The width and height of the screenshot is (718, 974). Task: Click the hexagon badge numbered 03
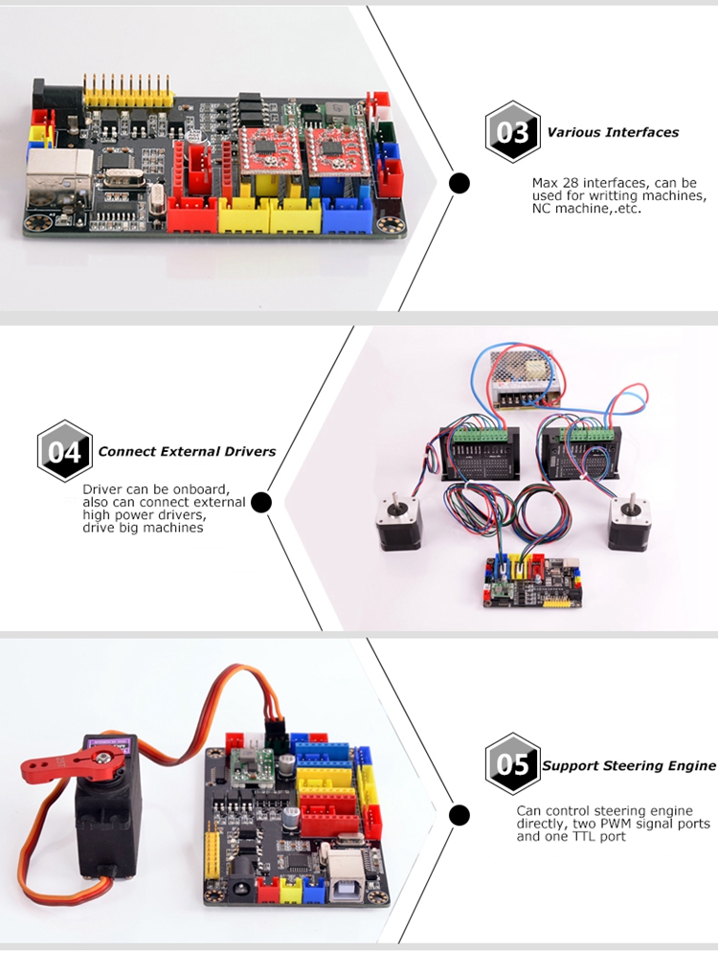pyautogui.click(x=512, y=132)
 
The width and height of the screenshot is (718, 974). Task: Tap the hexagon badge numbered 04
pyautogui.click(x=64, y=451)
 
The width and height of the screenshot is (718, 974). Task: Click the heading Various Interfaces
pyautogui.click(x=613, y=132)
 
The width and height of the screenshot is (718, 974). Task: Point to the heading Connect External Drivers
pyautogui.click(x=187, y=452)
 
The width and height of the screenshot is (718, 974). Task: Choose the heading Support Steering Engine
pyautogui.click(x=629, y=766)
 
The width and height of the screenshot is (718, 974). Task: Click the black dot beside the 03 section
pyautogui.click(x=459, y=183)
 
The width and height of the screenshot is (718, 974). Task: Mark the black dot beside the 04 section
pyautogui.click(x=261, y=502)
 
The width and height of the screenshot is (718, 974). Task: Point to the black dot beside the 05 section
pyautogui.click(x=459, y=815)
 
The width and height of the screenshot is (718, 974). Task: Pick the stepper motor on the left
pyautogui.click(x=397, y=523)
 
